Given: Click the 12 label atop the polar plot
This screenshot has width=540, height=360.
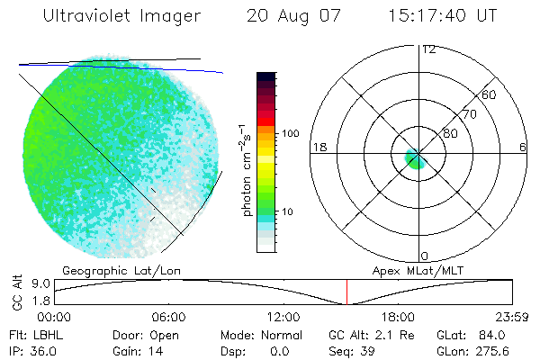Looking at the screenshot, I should (x=428, y=49).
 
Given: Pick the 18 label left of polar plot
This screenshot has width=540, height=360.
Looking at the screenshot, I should (x=318, y=146).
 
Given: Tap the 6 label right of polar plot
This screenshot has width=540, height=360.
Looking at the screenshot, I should (x=522, y=146).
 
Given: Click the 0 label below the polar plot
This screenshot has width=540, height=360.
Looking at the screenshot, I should (x=426, y=256).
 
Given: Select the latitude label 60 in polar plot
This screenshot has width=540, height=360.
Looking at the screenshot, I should (x=490, y=94).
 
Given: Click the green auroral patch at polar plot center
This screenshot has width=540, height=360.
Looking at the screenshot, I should (x=414, y=160).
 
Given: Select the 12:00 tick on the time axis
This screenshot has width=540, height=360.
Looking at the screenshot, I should (x=283, y=317).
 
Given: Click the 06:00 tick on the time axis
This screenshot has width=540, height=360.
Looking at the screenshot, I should (x=169, y=317).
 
